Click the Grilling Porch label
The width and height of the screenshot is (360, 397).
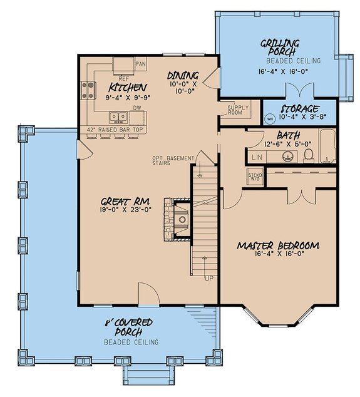point(280,48)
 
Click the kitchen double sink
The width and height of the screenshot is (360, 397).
point(117,116)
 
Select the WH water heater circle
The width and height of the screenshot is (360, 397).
point(270,118)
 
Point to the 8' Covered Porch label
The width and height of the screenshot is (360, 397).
point(131,326)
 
